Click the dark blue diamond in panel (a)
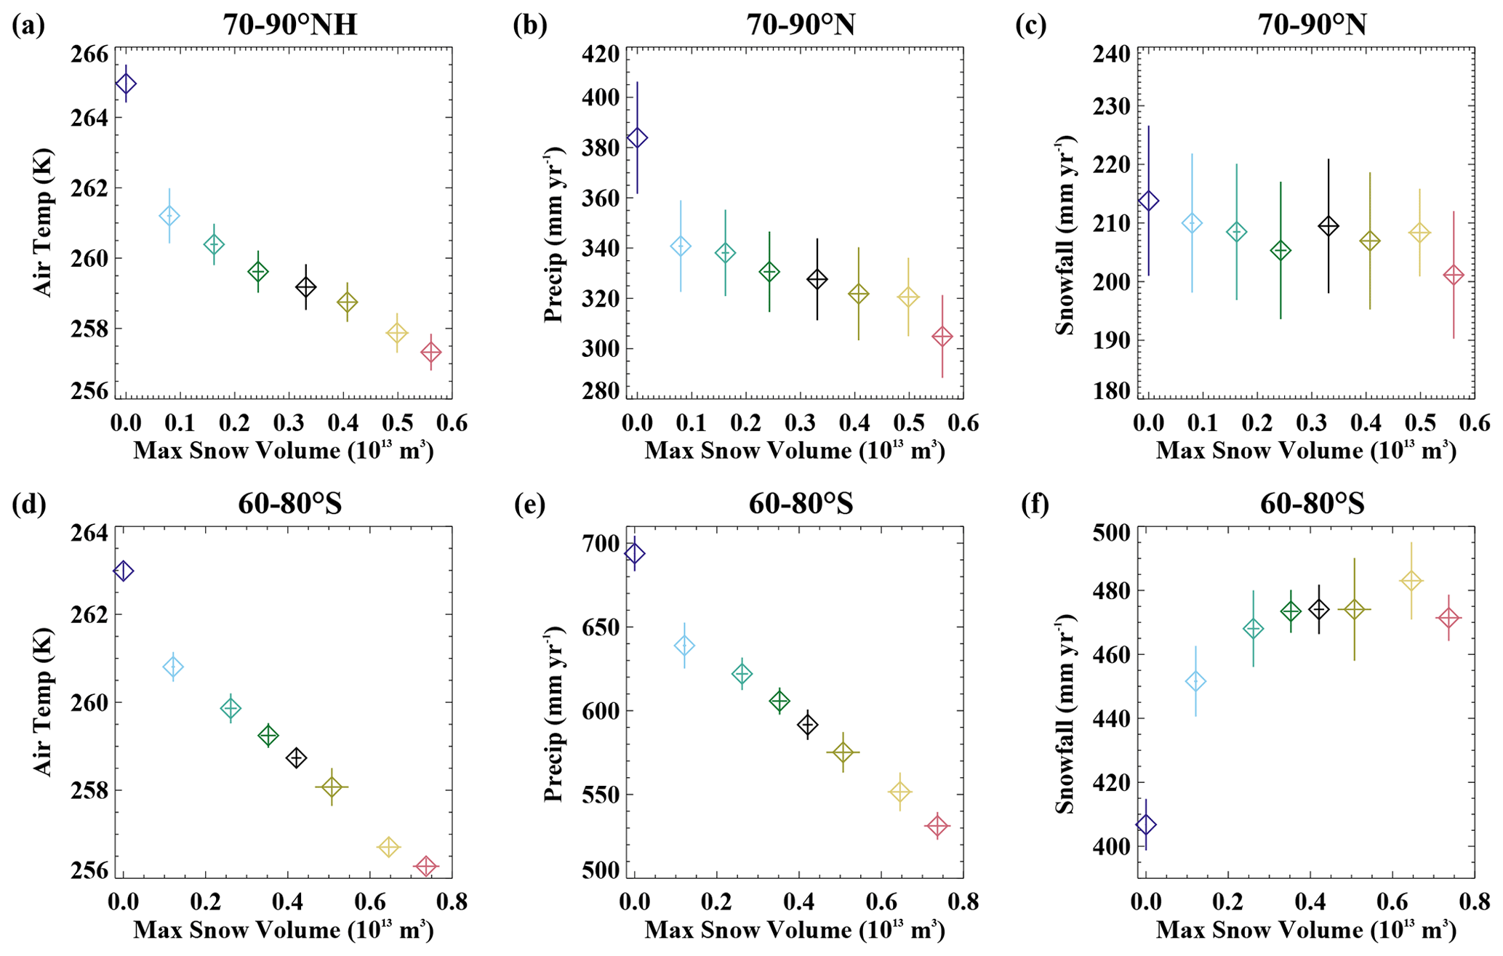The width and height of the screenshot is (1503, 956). pos(126,84)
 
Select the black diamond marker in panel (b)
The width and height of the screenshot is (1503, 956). pos(817,279)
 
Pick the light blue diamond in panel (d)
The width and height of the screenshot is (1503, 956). pos(173,666)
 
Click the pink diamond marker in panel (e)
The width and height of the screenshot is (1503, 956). pos(938,826)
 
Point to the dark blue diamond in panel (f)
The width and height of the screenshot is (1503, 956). pos(1146,824)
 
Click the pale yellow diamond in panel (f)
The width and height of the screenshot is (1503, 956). pos(1411,580)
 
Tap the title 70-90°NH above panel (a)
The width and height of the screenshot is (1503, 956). pos(289,25)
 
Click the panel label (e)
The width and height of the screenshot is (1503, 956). pos(529,504)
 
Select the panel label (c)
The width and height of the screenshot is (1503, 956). pos(1031,25)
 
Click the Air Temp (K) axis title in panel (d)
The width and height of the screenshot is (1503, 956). pos(44,702)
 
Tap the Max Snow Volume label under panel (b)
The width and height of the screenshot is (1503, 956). pos(795,451)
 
